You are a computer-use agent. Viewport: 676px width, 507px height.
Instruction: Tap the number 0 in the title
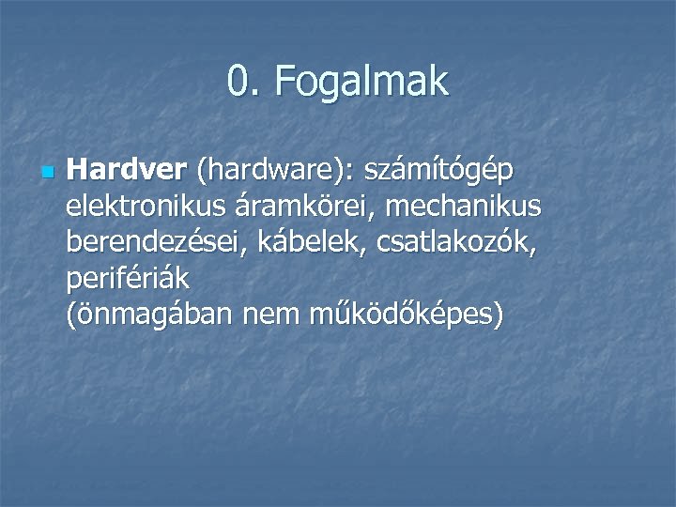[238, 83]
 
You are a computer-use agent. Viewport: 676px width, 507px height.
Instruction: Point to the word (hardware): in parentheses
[274, 172]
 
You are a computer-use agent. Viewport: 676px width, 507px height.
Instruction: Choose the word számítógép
[441, 172]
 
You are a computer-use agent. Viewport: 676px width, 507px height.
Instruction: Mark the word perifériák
[128, 278]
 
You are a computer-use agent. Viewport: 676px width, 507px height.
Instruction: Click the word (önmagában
[150, 315]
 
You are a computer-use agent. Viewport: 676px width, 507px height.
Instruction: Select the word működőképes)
[406, 315]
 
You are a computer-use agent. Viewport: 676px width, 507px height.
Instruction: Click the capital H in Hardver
[77, 171]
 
